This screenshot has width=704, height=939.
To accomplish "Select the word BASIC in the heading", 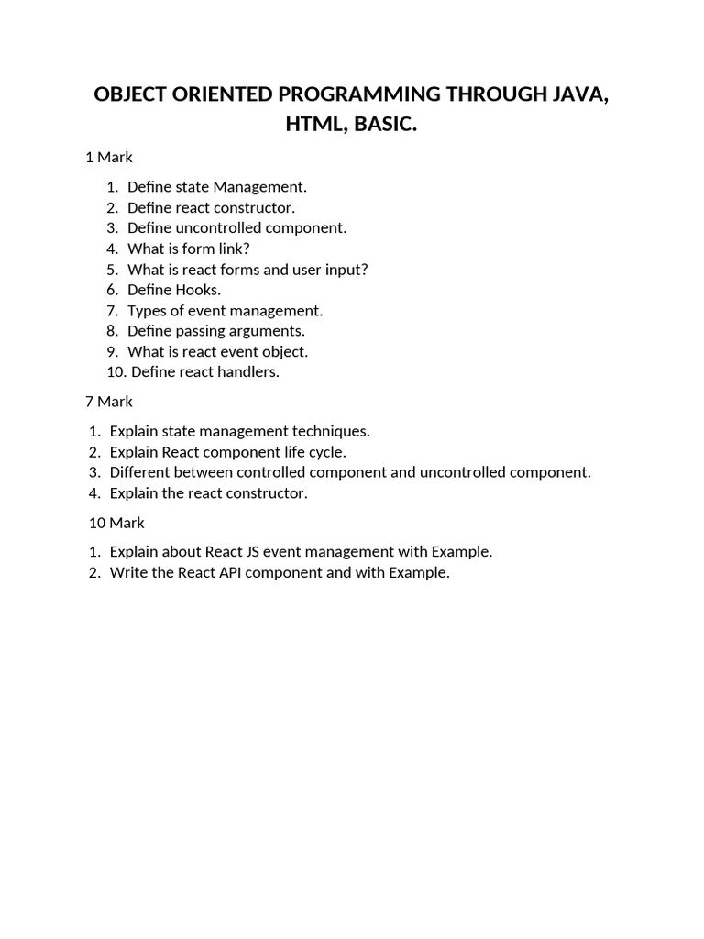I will tap(386, 125).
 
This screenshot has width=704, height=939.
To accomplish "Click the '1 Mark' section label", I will tap(109, 158).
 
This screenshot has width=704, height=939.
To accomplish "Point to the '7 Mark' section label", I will tap(109, 402).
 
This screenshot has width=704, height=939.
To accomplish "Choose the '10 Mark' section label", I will tap(116, 523).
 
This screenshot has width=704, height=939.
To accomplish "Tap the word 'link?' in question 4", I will tap(233, 249).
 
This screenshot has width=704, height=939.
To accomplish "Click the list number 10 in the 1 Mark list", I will tap(115, 372).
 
